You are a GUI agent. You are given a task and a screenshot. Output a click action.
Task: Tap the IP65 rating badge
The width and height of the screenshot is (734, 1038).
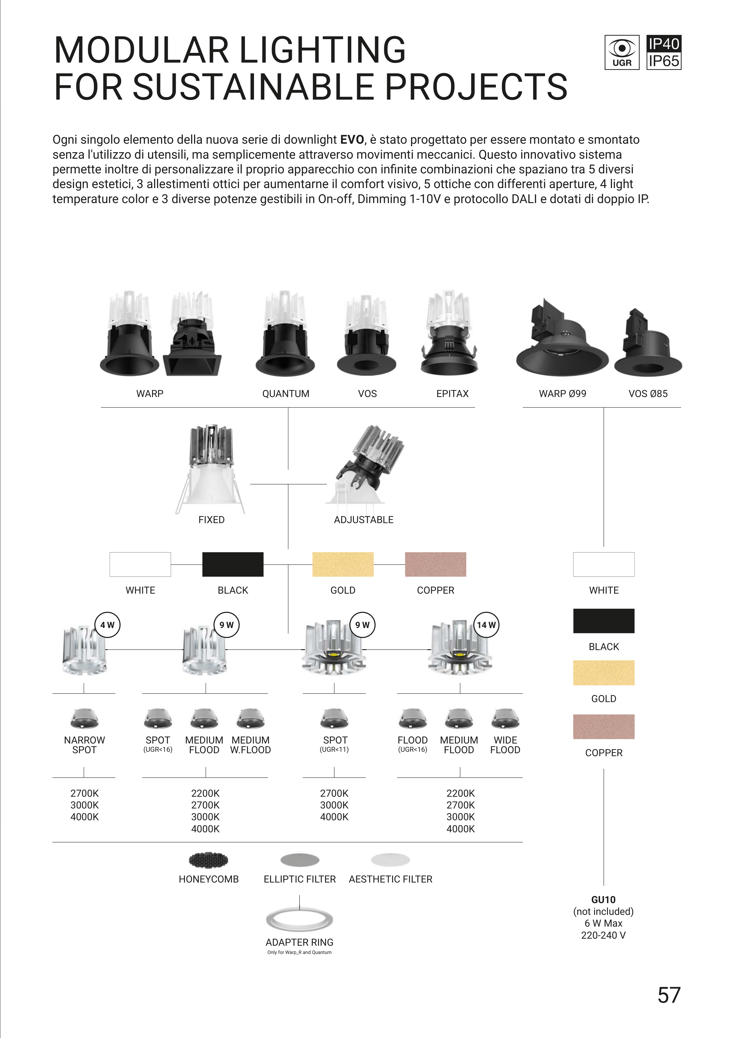click(663, 61)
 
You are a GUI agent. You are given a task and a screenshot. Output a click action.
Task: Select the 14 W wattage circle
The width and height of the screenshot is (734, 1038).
click(486, 625)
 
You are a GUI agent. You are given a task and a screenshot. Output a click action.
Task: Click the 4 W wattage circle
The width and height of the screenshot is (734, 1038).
click(107, 625)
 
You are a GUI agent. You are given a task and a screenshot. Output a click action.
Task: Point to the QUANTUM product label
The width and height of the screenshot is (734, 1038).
click(286, 394)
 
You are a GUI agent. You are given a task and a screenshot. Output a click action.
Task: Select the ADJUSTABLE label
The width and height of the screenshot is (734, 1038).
click(364, 520)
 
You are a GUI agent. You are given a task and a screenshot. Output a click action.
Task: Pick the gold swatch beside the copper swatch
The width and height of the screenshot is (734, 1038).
click(343, 564)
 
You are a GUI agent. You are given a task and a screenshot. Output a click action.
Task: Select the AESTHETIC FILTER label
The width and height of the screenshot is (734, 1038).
click(390, 879)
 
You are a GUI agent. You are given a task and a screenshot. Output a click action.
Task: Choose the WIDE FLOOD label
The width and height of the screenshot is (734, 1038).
click(505, 745)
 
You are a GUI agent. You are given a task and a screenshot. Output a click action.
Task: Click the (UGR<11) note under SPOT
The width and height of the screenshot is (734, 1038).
click(334, 750)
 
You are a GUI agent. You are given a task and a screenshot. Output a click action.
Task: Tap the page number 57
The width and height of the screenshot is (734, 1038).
click(669, 995)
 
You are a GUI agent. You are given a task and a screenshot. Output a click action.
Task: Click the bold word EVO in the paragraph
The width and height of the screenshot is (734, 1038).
click(352, 140)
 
